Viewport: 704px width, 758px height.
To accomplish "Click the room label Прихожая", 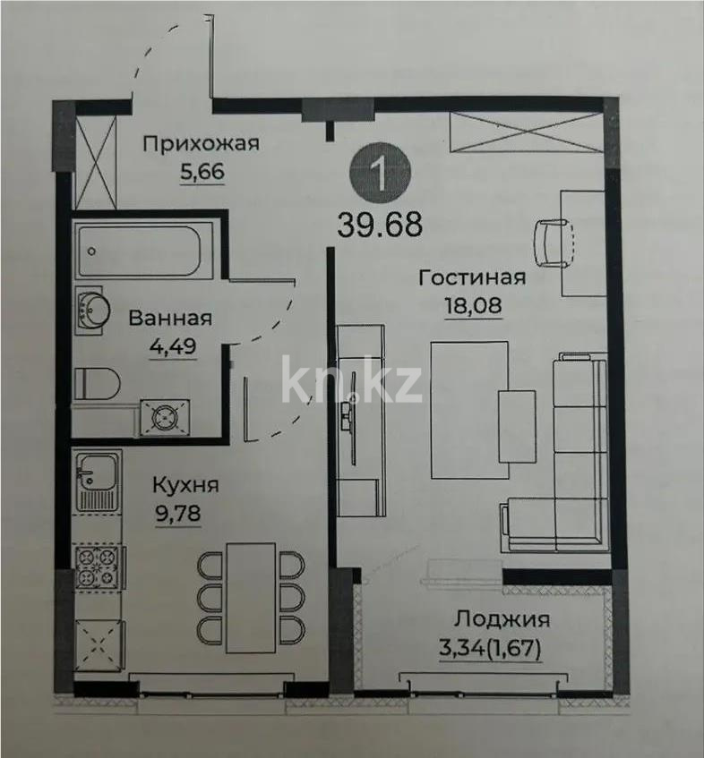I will click(x=202, y=143).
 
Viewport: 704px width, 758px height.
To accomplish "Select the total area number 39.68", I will click(x=380, y=224).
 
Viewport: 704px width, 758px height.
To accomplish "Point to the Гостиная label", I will click(x=472, y=278).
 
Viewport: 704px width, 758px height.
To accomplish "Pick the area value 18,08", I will click(x=472, y=306).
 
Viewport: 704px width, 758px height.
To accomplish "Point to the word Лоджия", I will click(x=502, y=619).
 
